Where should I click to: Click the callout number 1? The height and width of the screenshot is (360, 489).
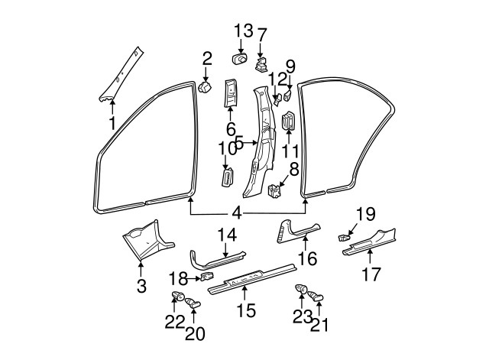[x=112, y=122]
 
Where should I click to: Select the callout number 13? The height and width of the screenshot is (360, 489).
[x=243, y=31]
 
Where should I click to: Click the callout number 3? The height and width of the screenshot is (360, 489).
[x=141, y=286]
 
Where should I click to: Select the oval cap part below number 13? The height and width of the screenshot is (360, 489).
[x=239, y=59]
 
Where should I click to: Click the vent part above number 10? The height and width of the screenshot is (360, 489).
[x=227, y=177]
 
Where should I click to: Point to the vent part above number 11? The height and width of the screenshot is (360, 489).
[x=289, y=122]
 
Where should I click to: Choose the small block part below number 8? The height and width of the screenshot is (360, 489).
[x=276, y=189]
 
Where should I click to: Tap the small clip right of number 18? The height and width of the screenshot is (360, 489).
[x=207, y=277]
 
